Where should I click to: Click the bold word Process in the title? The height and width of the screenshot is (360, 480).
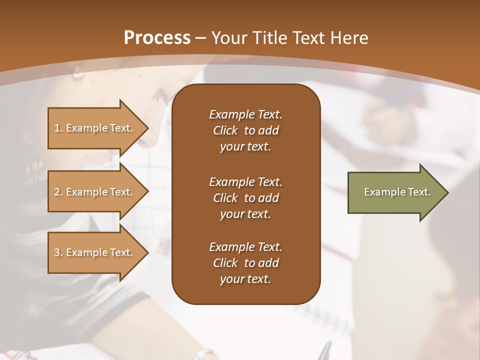pos(156,37)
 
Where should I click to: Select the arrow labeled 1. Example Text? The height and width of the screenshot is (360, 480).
pos(95,128)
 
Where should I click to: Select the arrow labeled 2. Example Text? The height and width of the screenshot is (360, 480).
pos(95,192)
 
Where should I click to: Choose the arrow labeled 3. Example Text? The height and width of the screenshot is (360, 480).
pos(95,252)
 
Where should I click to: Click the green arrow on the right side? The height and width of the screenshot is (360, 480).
pos(395,192)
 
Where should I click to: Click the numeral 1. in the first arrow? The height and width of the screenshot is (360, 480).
pos(58,128)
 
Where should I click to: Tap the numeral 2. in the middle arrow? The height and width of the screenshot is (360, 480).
pos(58,192)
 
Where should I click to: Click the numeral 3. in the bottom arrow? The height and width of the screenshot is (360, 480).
pos(58,252)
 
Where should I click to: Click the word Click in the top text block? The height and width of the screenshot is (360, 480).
pos(225,130)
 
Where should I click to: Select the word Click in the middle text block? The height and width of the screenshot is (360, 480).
pos(225,198)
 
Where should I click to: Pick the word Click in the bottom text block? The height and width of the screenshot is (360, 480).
pos(225,263)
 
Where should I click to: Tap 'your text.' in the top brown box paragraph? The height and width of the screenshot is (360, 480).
pos(245,147)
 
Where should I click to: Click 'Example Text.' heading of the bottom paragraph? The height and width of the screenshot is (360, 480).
pos(245,247)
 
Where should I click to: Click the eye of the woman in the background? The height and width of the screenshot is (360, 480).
pos(78,73)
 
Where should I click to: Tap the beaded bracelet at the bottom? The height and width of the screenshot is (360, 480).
pos(205,355)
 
